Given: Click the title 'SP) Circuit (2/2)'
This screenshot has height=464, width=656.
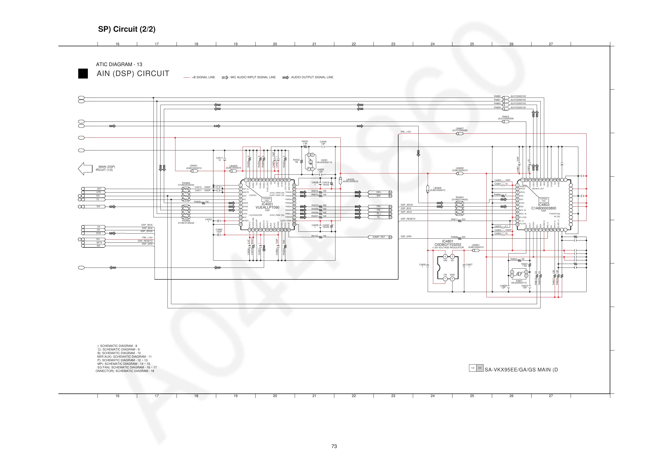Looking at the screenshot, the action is pos(127,29).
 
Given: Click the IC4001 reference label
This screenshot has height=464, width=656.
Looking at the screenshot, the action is pos(267,204).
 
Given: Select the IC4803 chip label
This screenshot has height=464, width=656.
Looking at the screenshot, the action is pos(543,205).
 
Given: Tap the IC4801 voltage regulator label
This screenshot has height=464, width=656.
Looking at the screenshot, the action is pos(448,241).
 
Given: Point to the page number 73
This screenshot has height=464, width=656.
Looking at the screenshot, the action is pos(334,446).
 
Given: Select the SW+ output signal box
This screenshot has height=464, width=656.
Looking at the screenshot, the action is pos(379,192).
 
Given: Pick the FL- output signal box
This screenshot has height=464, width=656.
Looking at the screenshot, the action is pos(379,217).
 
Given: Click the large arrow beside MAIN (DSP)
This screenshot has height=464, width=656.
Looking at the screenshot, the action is pos(85,168).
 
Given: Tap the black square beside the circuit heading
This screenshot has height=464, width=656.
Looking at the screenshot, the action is pos(83,74).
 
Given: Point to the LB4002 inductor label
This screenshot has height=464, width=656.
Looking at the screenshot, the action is pos(350,180).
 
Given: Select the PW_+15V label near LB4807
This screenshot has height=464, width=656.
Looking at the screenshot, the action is pos(405,132).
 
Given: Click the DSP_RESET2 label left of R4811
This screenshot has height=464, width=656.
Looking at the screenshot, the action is pos(408,219).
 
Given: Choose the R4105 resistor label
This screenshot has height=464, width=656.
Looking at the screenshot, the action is pos(315,236).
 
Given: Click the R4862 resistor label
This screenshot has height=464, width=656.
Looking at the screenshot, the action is pos(497,96).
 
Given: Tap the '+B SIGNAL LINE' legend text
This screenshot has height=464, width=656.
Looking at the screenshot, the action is pos(203,77).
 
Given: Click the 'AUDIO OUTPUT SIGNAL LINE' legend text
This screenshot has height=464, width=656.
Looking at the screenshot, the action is pos(312,77).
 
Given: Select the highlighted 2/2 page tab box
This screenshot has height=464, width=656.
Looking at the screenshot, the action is pos(480,368).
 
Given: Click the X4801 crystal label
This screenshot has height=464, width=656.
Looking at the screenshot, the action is pos(519,281).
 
